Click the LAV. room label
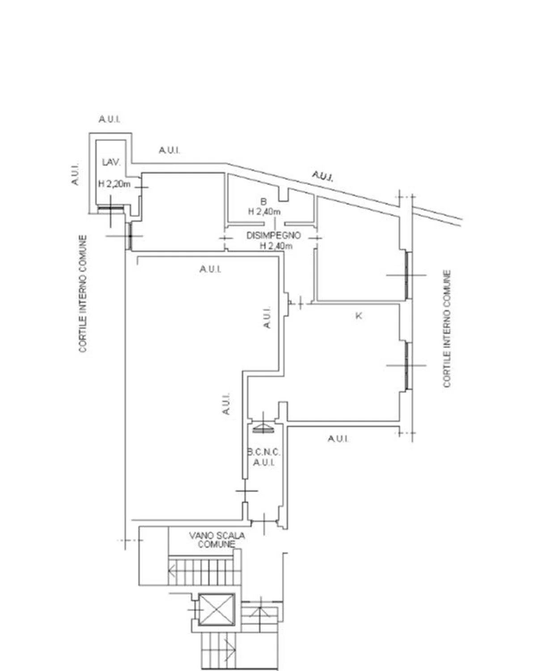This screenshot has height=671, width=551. pyautogui.click(x=111, y=162)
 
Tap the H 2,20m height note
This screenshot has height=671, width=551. pyautogui.click(x=114, y=184)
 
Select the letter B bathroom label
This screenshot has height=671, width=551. pyautogui.click(x=263, y=202)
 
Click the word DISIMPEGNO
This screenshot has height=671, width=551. pyautogui.click(x=274, y=235)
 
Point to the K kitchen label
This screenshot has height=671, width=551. pyautogui.click(x=359, y=316)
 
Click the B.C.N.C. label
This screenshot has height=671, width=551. pyautogui.click(x=264, y=452)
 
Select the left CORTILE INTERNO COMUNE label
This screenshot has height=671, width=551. pyautogui.click(x=83, y=293)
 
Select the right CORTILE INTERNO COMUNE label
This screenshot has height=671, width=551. pyautogui.click(x=447, y=329)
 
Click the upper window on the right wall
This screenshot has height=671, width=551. pyautogui.click(x=408, y=275)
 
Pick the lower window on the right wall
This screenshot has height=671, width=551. pyautogui.click(x=408, y=365)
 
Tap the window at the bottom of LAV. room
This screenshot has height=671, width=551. pyautogui.click(x=110, y=208)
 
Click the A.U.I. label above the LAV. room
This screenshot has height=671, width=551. pyautogui.click(x=110, y=119)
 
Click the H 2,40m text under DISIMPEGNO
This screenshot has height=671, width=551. pyautogui.click(x=276, y=246)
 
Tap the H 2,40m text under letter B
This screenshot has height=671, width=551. pyautogui.click(x=264, y=211)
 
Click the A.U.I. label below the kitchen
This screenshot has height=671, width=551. pyautogui.click(x=338, y=439)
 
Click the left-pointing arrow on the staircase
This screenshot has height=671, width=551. pyautogui.click(x=172, y=571)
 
